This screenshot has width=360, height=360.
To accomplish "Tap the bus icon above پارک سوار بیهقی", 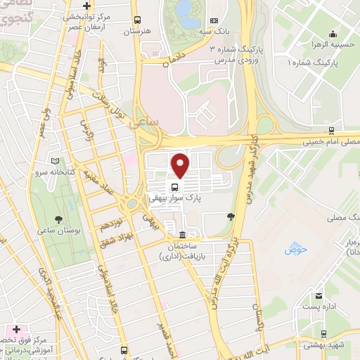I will point(173,187).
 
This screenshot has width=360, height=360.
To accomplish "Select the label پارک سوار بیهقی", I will point(174,199).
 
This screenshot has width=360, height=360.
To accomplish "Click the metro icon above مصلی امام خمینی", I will point(330,130).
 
